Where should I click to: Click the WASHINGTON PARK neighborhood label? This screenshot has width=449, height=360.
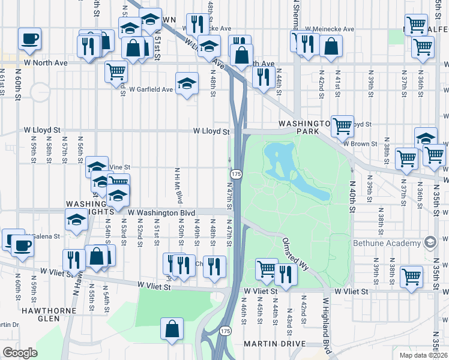coord(304,127)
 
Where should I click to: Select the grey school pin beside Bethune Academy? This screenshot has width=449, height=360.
coord(429,242)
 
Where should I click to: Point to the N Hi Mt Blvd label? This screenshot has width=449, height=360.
coord(178,184)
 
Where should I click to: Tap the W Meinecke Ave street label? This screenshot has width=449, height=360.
coord(330,29)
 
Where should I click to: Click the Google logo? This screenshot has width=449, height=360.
coord(20,353)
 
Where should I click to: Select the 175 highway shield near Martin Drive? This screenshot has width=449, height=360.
coord(225,331)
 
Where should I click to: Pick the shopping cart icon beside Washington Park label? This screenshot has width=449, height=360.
coord(342,126)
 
